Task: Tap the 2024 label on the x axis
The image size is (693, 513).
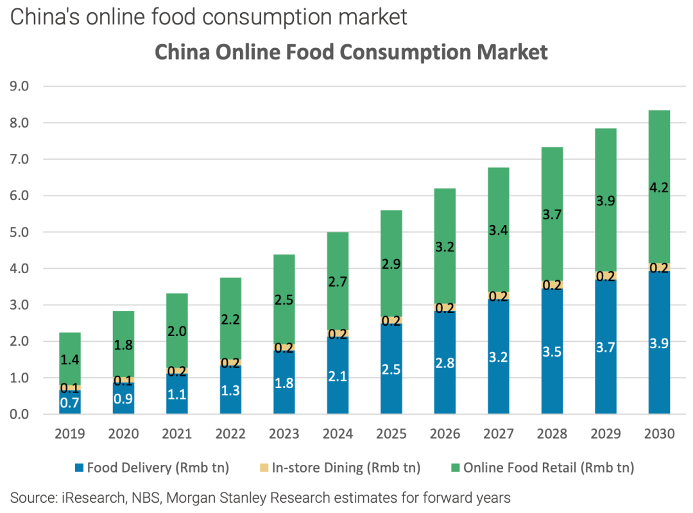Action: click(x=338, y=434)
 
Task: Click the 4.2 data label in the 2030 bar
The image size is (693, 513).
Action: click(x=659, y=188)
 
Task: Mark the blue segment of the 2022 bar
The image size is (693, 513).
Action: click(x=230, y=390)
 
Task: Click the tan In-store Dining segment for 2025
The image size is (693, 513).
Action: click(x=391, y=321)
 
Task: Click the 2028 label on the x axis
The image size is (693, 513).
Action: click(x=552, y=434)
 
